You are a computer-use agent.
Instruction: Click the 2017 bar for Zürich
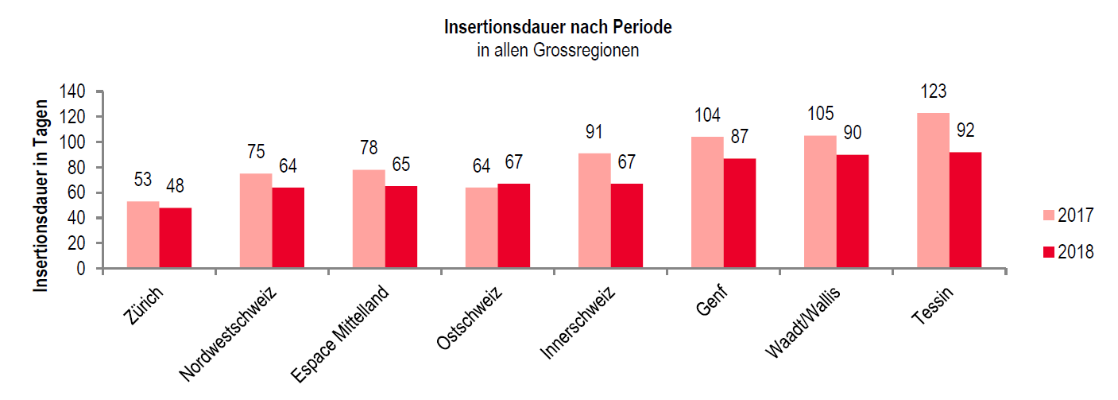[x=143, y=235]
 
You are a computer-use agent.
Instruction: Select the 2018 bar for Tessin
[x=965, y=211]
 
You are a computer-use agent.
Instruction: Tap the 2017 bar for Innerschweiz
[x=594, y=211]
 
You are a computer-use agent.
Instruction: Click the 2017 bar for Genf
[x=707, y=203]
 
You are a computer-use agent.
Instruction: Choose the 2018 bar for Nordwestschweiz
[x=288, y=228]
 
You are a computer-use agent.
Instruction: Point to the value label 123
[x=933, y=91]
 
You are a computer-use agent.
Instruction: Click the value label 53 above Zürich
[x=143, y=181]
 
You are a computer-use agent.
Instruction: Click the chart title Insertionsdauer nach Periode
[x=559, y=27]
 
